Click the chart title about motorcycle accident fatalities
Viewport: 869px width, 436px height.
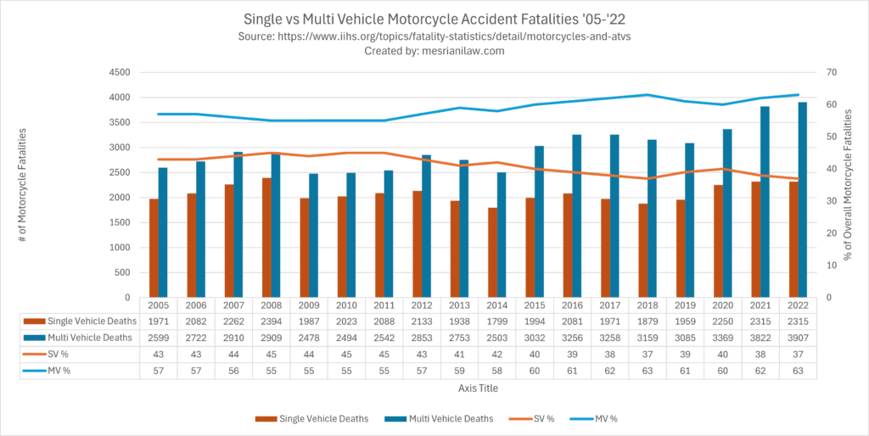(434, 18)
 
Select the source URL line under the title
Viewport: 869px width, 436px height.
(434, 36)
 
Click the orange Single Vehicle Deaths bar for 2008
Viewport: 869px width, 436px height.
(266, 238)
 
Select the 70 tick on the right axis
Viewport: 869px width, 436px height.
(820, 73)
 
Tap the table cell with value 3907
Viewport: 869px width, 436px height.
(797, 338)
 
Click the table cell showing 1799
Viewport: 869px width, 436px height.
(496, 321)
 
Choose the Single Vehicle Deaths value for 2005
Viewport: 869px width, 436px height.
(159, 321)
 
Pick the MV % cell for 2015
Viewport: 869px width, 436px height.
(534, 372)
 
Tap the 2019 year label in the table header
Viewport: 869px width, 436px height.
(684, 305)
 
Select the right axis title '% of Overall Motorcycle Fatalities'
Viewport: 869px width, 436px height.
(849, 186)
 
